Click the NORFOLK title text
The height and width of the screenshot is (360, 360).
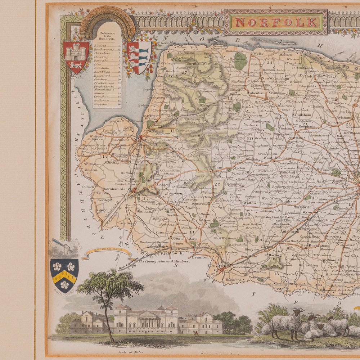[x=276, y=22]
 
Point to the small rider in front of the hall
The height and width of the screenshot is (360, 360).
[x=196, y=333]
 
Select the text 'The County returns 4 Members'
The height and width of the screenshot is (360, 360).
[x=164, y=262]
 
